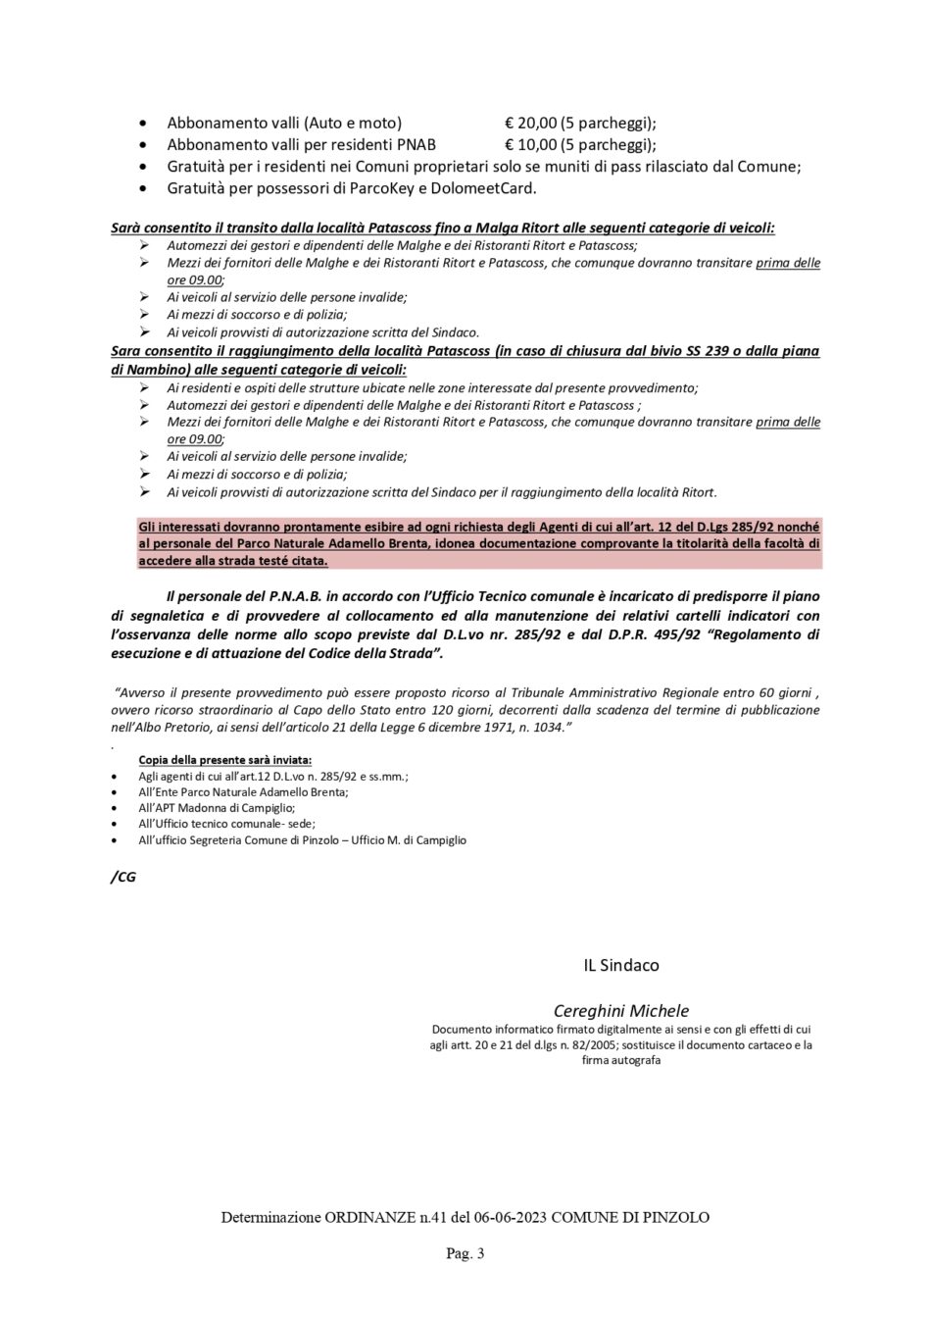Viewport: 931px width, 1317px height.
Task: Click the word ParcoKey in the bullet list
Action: [x=361, y=188]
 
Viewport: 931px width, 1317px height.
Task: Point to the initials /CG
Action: [x=123, y=877]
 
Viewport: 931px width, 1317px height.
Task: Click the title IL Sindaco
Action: [x=621, y=965]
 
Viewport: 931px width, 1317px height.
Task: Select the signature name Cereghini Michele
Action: [x=621, y=1011]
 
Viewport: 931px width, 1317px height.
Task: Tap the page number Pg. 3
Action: [x=465, y=1253]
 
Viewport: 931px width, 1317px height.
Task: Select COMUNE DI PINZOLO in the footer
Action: [x=631, y=1218]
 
